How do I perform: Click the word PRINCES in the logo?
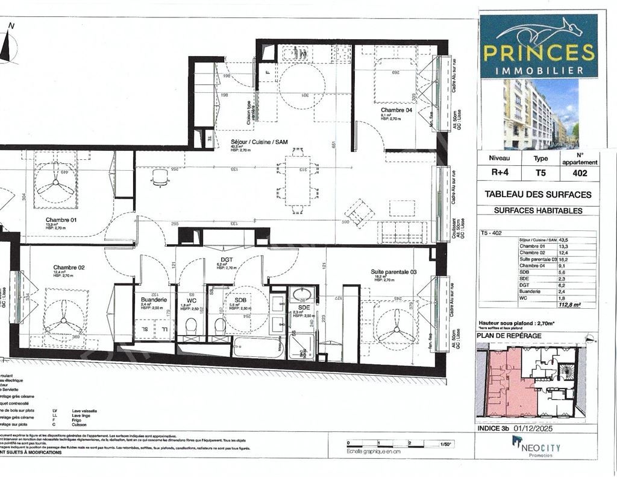point(539,52)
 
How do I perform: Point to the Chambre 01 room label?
point(61,220)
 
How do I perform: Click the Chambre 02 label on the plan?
point(69,267)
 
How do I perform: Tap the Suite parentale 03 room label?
point(393,272)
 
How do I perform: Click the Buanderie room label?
point(153,299)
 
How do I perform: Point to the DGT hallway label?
point(227,260)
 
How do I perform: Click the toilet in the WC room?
point(191,326)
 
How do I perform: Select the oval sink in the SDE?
point(302,295)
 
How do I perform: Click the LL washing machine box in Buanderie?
point(163,329)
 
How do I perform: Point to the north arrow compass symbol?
point(8,45)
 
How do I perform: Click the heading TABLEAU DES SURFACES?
point(538,195)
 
